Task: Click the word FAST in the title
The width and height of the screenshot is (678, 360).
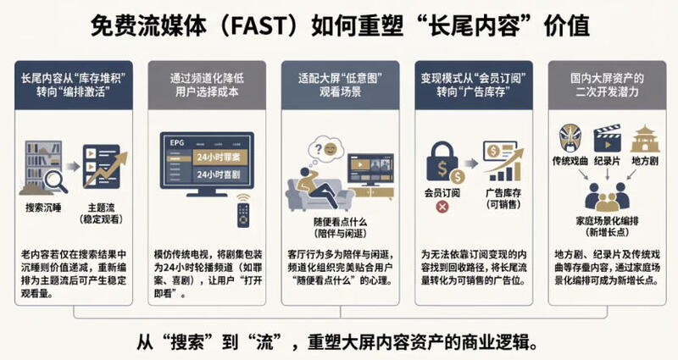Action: (x=259, y=26)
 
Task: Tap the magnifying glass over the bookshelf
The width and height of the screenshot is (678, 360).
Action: (x=56, y=181)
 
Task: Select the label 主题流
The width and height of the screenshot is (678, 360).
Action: (x=101, y=208)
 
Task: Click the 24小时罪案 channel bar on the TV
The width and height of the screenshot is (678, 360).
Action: (x=219, y=158)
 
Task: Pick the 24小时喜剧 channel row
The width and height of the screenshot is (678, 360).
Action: (x=219, y=174)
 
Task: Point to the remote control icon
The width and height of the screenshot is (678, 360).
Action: (x=243, y=210)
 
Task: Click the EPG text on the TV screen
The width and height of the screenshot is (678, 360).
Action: (x=176, y=142)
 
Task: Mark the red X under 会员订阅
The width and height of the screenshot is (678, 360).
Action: (x=442, y=207)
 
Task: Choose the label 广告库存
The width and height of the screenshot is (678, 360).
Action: (x=503, y=193)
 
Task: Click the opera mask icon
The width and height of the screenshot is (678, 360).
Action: (x=570, y=138)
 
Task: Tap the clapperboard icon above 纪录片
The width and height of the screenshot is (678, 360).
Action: (x=607, y=138)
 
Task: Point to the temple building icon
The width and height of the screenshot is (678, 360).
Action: (x=645, y=139)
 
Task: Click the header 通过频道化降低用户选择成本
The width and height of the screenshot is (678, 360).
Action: (x=207, y=85)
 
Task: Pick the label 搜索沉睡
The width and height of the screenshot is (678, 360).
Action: (x=43, y=208)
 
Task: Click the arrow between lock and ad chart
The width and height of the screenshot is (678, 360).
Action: (x=472, y=163)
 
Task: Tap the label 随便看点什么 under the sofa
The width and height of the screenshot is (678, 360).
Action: (x=341, y=222)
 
